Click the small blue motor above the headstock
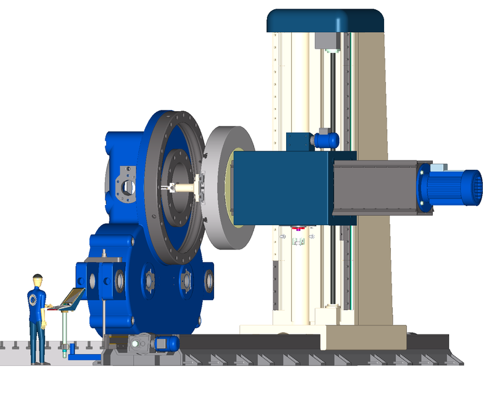[x=324, y=139]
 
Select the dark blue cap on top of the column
[x=325, y=21]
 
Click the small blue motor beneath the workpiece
[x=166, y=343]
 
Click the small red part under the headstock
[x=298, y=229]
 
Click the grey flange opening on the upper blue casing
[x=128, y=186]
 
